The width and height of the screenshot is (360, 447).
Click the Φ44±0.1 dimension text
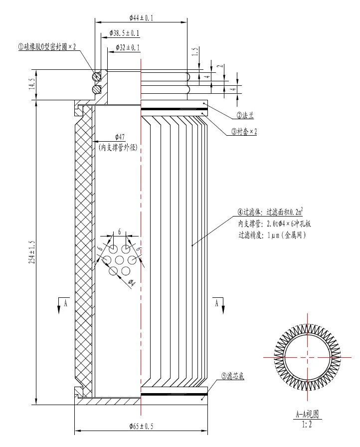(141, 18)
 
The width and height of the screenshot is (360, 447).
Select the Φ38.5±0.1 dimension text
(125, 33)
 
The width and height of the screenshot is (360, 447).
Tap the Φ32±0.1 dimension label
(128, 47)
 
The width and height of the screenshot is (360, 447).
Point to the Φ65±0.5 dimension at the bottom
(141, 427)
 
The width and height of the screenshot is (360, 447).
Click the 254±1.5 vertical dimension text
(32, 252)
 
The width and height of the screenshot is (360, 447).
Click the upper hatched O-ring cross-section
(96, 76)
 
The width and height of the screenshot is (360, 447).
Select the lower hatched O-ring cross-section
(96, 89)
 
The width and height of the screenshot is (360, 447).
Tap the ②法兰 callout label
(245, 115)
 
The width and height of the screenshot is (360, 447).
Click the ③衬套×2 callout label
(244, 131)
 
